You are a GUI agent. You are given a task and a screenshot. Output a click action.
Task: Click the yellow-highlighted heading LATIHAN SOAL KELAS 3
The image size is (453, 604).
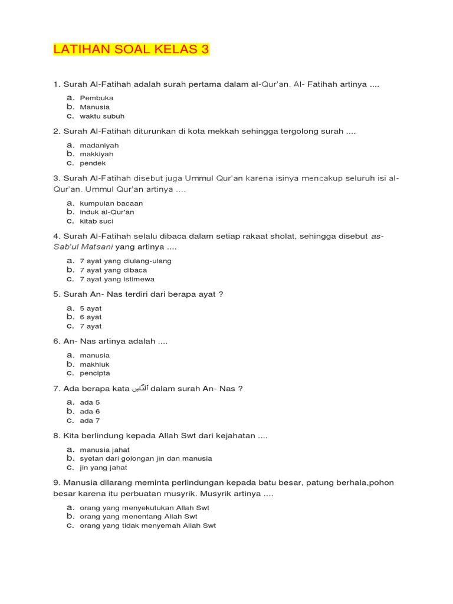131,51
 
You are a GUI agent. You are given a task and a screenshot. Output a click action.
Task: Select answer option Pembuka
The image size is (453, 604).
96,98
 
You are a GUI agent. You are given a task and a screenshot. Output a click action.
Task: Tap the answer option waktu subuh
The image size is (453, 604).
102,116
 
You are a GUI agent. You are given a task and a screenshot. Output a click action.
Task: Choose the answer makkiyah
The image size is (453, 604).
97,154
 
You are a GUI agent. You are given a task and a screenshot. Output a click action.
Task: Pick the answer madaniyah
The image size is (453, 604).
99,145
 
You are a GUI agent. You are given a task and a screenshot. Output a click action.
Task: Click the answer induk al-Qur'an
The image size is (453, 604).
107,212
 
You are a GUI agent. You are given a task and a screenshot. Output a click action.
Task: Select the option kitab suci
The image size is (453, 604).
96,221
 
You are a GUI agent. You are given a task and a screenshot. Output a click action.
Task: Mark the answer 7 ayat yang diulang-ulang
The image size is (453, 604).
125,261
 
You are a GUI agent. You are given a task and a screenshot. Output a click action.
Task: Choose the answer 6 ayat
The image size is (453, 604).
91,317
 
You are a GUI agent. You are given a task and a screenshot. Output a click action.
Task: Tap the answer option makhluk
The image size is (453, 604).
94,365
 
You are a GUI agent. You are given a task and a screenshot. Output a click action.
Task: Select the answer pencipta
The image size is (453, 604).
94,373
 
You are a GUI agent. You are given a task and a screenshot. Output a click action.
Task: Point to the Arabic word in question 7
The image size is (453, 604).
138,388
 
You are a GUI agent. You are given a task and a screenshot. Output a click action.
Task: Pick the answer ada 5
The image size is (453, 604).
90,402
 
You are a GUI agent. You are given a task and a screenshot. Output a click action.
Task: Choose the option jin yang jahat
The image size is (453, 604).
103,468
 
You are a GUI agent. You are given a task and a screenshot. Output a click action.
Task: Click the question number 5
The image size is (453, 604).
56,294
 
